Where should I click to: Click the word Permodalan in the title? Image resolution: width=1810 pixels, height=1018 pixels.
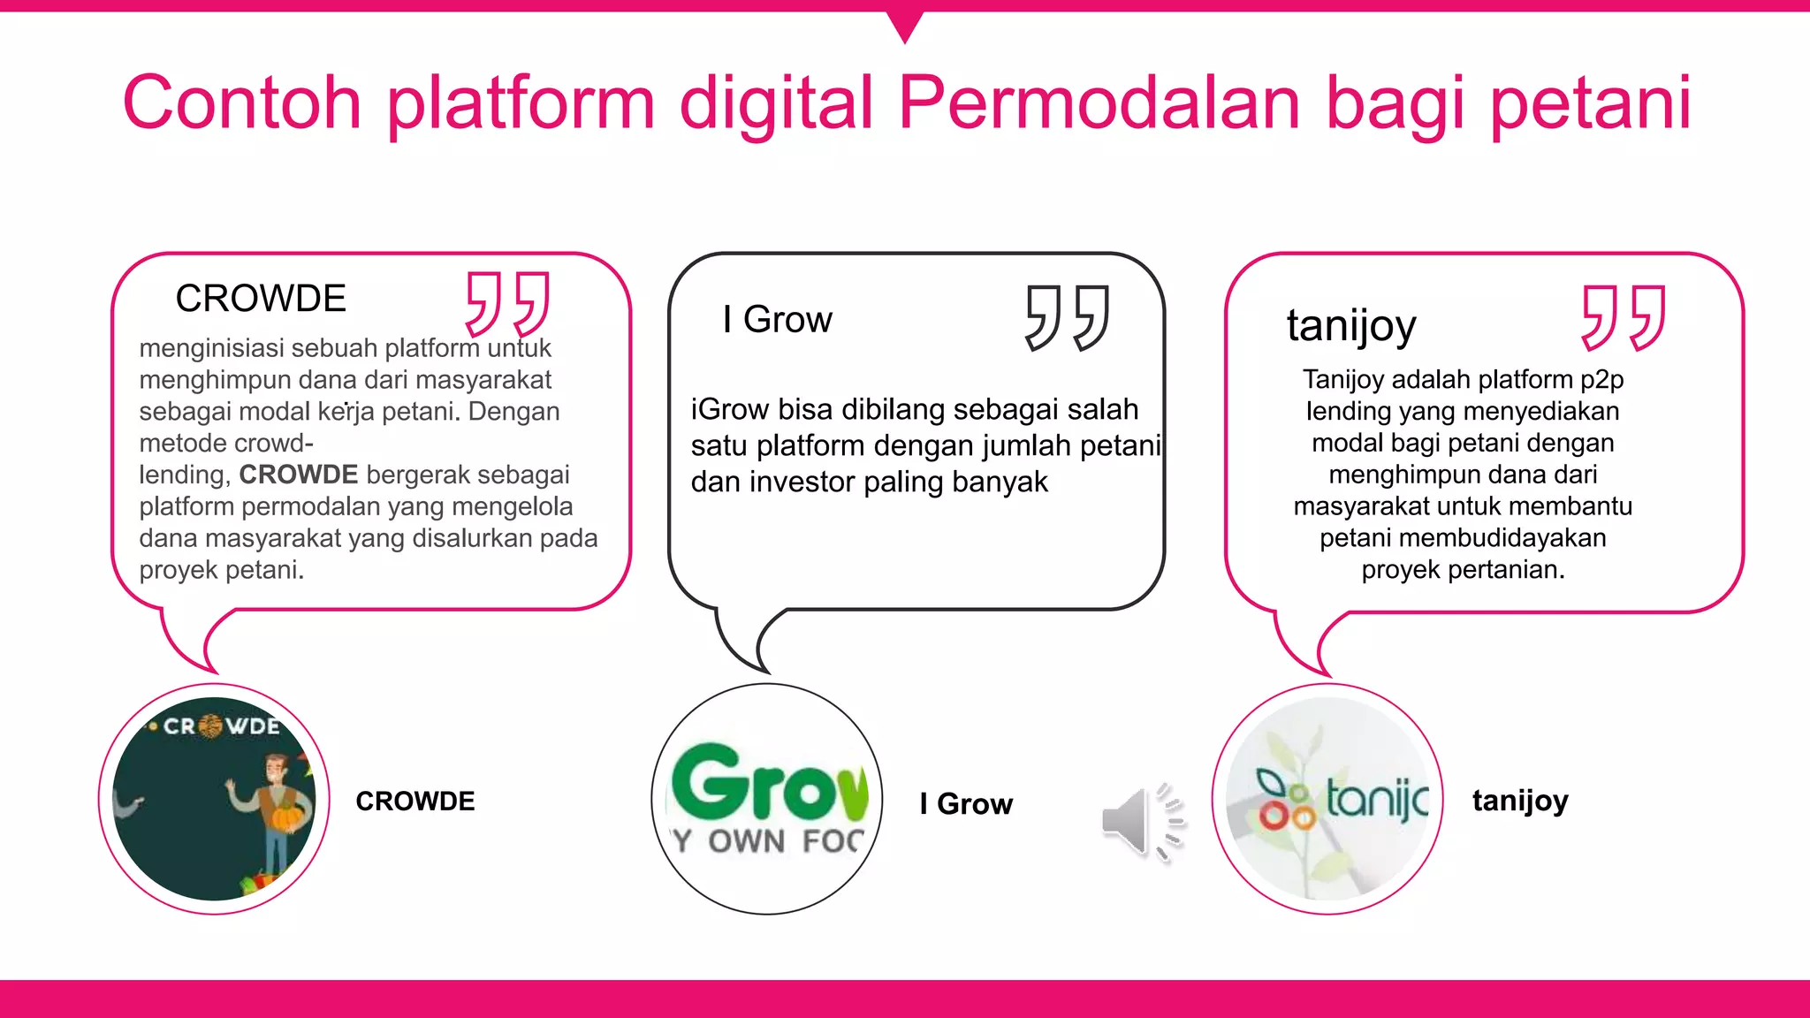pos(1099,103)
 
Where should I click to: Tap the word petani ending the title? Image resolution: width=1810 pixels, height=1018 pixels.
pos(1591,103)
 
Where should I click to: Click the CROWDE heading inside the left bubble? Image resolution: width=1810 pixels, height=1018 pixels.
pos(261,299)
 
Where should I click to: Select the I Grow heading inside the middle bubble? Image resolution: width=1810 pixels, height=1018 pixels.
pos(777,319)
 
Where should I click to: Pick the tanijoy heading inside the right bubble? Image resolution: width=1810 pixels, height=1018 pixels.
pos(1351,325)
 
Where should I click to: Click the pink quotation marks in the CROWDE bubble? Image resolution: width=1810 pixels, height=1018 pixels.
pos(508,303)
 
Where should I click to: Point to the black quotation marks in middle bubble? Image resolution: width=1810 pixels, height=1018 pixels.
pos(1068,317)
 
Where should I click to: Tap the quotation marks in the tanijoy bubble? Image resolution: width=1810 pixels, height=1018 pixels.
pos(1624,317)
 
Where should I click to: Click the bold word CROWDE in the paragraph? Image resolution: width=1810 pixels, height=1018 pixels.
pos(299,475)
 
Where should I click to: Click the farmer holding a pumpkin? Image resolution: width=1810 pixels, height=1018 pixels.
pos(277,813)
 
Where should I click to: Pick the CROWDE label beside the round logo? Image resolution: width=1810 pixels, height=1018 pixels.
pos(415,801)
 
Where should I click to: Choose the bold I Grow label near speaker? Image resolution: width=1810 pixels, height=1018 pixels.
pos(966,804)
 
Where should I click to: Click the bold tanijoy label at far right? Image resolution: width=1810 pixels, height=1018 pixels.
pos(1520,801)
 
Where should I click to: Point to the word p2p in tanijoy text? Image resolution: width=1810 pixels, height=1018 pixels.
pos(1601,379)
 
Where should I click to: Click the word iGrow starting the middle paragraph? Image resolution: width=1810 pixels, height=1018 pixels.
pos(730,409)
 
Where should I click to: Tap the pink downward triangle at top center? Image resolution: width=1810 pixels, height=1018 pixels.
pos(905,25)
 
